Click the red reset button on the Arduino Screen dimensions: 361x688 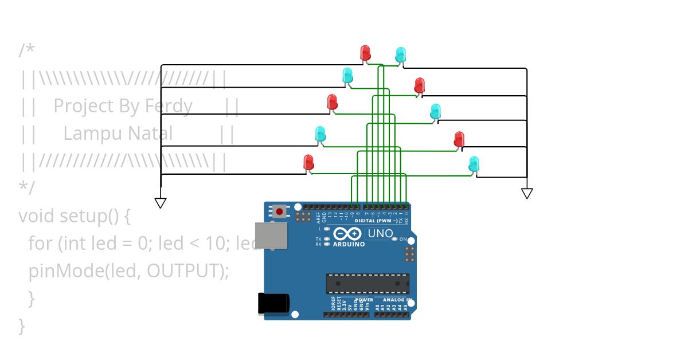279,211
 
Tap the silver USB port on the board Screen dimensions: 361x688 271,235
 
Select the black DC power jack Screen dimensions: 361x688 272,303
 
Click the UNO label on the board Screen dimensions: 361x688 380,233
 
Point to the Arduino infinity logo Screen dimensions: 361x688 347,234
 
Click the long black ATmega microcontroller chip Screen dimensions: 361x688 368,284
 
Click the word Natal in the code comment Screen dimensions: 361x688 150,134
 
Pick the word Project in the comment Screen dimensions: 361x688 84,106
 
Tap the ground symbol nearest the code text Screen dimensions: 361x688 161,202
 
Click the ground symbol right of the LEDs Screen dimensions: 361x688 527,193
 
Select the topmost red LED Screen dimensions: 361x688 365,53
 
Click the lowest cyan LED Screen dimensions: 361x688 474,164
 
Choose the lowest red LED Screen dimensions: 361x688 308,162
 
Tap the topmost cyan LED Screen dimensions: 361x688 400,54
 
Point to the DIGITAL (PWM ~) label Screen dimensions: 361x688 376,221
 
